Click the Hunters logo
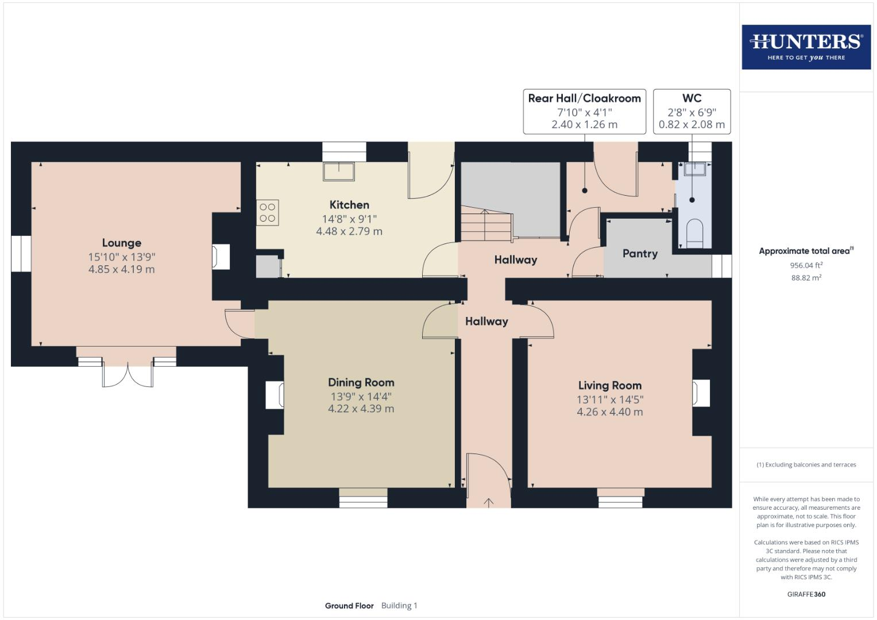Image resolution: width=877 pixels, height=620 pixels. coord(806,46)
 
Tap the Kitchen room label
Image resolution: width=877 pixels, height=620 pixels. coord(349,205)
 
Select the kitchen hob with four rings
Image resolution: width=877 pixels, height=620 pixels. coord(268,212)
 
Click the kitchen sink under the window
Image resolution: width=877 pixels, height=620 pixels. coord(339,171)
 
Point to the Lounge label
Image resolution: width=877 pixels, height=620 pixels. coord(122,243)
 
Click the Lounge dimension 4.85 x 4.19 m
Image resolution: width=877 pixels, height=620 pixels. coord(122,269)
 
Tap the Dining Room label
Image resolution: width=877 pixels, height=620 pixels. coord(361,382)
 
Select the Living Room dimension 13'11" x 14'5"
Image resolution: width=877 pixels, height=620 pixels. coord(610,400)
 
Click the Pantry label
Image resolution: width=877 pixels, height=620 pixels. coord(640,254)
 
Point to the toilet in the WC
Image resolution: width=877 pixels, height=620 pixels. coord(694,232)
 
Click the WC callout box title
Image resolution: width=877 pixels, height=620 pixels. coord(691,98)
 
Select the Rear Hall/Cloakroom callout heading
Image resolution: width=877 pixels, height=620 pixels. coord(584,98)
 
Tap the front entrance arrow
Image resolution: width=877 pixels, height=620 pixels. coord(489,503)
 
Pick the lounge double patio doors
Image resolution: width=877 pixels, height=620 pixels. coord(128,373)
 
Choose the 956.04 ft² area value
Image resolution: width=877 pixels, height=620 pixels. coord(806,265)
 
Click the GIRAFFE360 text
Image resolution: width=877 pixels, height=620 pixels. coord(806,594)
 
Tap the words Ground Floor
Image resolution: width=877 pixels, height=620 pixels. coord(349,606)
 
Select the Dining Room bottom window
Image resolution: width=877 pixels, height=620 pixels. coord(362,498)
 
